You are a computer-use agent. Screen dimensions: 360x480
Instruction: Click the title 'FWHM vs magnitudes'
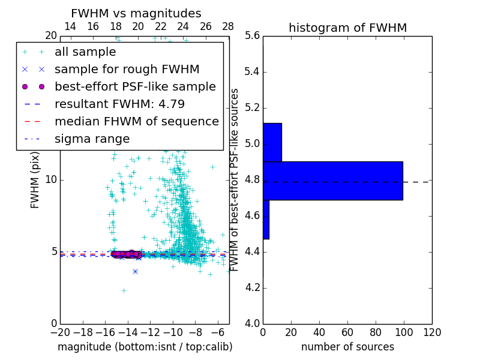[x=136, y=14]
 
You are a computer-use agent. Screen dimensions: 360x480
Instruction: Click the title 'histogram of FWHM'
[x=347, y=28]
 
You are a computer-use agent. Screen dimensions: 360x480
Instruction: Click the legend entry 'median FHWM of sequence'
[x=136, y=122]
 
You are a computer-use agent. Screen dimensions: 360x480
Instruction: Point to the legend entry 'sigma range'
[x=92, y=139]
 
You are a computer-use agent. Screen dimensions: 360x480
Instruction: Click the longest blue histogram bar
[x=333, y=181]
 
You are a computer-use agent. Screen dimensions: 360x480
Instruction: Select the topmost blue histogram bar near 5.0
[x=272, y=142]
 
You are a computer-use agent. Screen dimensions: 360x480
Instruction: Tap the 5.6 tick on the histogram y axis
[x=253, y=36]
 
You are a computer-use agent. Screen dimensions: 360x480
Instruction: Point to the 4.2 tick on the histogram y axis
[x=253, y=287]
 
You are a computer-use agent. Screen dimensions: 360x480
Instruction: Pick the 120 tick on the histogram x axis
[x=432, y=332]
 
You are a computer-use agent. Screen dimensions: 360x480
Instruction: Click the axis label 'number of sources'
[x=347, y=347]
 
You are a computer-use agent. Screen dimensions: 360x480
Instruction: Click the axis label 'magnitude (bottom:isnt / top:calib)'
[x=145, y=347]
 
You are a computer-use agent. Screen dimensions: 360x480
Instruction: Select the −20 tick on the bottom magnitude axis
[x=60, y=332]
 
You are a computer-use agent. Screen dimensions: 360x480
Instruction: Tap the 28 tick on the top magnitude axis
[x=229, y=26]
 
